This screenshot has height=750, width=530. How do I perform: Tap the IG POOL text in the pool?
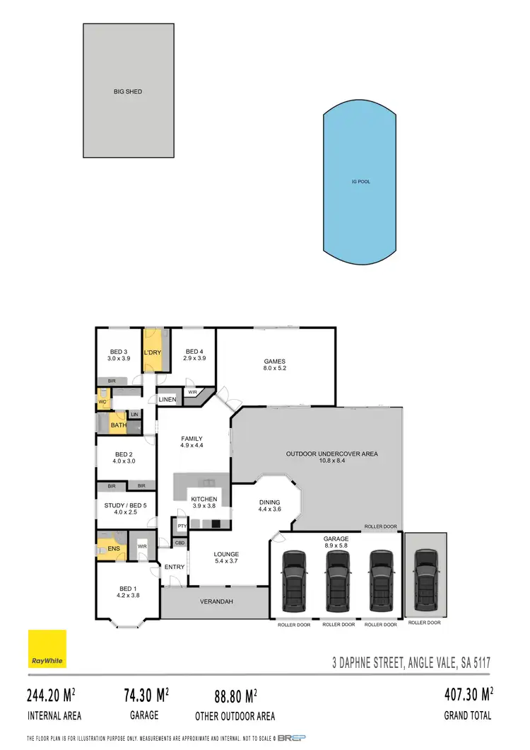360,182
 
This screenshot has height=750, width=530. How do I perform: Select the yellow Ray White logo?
47,649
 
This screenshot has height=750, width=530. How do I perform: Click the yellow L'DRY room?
154,352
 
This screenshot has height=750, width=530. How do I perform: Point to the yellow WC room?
102,400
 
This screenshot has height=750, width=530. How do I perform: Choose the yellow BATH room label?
118,425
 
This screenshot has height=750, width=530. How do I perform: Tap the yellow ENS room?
113,548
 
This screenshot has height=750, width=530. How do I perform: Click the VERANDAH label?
215,602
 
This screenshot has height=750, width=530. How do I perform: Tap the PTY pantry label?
182,526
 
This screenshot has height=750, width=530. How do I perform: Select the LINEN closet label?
167,400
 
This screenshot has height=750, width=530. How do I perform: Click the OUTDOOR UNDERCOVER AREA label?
331,454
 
